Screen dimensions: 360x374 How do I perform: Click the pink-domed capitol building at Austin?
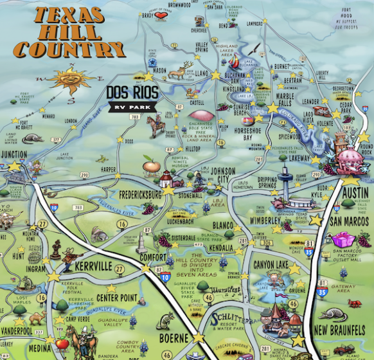[x=351, y=157]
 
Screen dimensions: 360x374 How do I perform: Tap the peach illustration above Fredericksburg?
[x=151, y=167]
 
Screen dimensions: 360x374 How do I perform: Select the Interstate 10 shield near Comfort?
[x=165, y=277]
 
